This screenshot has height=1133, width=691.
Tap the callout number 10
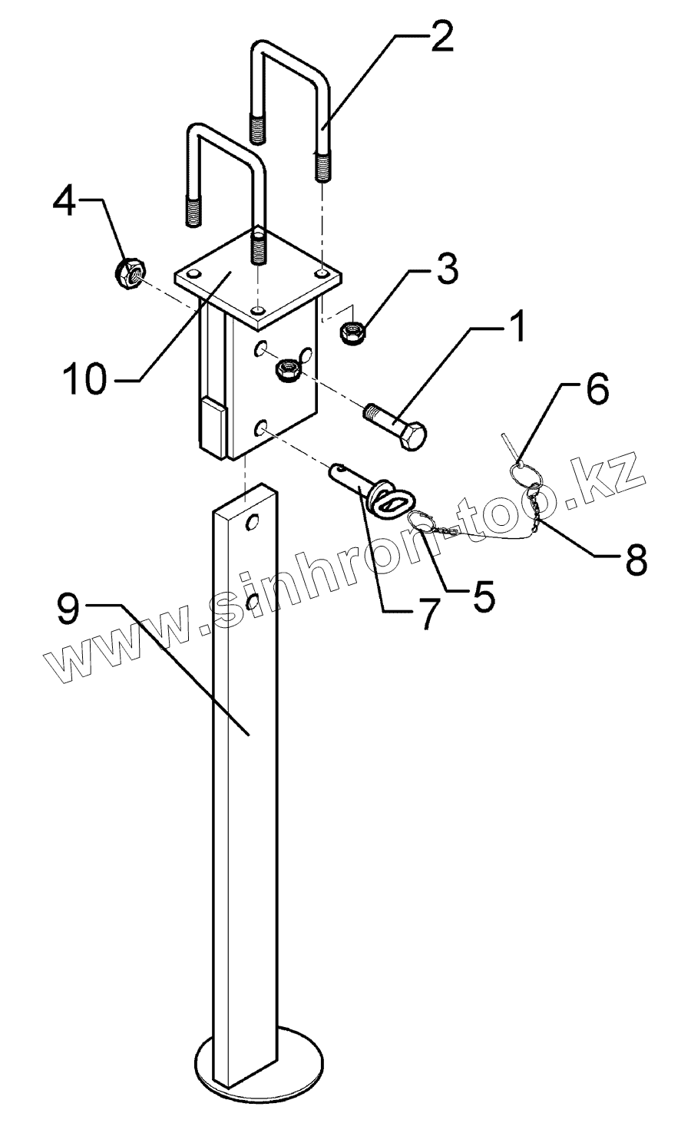click(84, 379)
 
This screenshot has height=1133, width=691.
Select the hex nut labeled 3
click(352, 333)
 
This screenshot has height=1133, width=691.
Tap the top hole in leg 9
click(250, 523)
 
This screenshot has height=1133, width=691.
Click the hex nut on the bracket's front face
click(288, 370)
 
